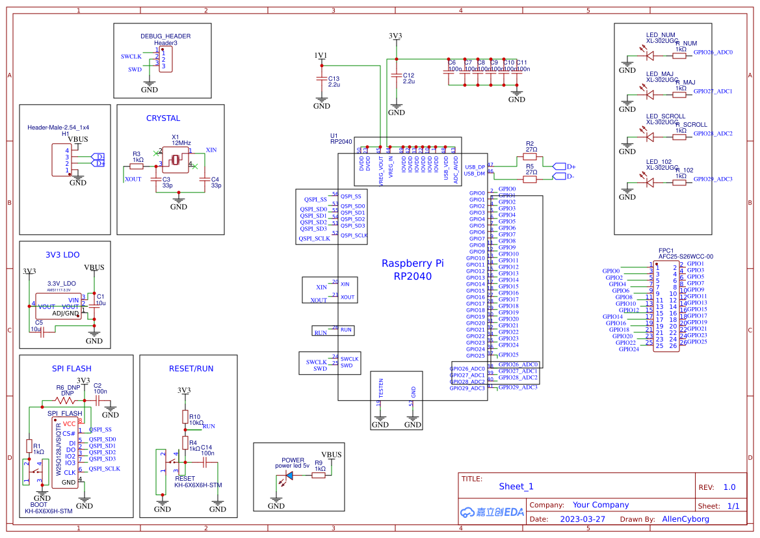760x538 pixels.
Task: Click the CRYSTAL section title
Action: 163,118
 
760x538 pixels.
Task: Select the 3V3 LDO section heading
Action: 62,255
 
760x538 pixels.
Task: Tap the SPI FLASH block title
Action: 72,369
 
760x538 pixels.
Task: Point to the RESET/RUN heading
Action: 191,369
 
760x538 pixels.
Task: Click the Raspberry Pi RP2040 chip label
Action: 413,270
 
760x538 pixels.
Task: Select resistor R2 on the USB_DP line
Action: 531,156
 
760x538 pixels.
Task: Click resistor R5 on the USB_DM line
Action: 531,178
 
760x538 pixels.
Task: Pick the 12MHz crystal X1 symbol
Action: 176,159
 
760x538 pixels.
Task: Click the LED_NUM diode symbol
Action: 649,55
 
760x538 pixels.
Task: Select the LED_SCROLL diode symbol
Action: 649,137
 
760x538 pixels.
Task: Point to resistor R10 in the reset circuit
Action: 185,417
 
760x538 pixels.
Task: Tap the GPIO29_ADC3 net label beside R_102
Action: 713,179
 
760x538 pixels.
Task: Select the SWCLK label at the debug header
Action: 131,57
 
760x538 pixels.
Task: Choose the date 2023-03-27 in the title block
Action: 582,519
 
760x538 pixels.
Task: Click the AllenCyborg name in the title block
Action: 685,519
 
